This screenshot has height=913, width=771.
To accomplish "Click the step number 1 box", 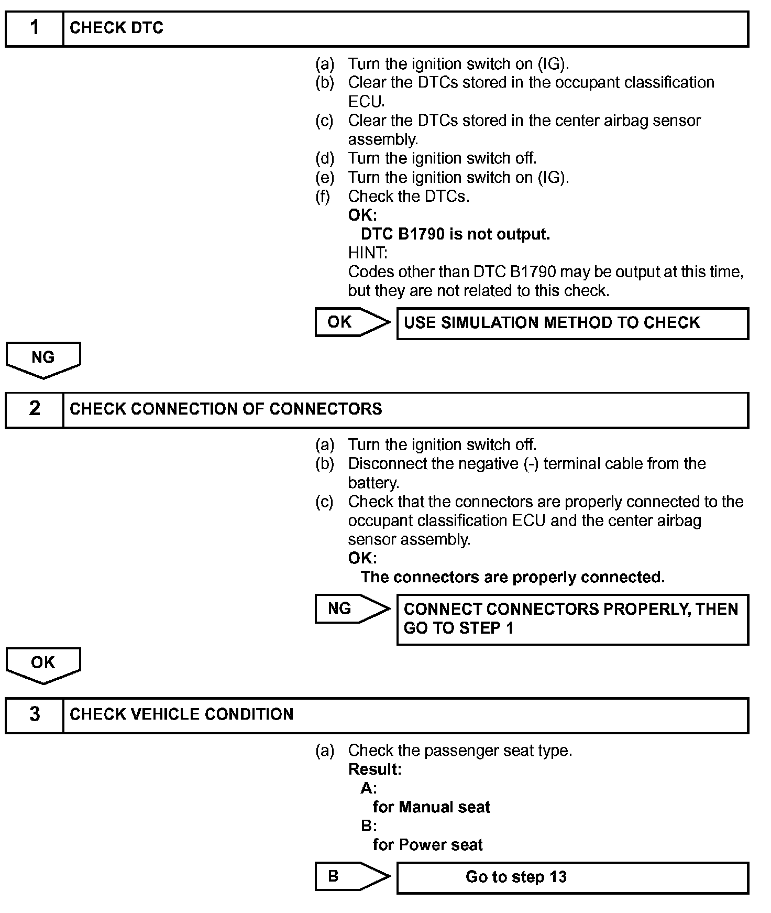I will click(35, 28).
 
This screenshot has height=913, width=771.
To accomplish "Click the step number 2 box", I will click(35, 409).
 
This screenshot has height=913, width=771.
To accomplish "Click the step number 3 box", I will click(35, 715).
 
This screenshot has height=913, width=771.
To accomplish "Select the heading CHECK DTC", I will click(116, 28).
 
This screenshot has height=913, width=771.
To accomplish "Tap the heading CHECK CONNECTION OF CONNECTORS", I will click(226, 409).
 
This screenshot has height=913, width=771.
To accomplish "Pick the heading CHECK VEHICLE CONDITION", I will click(181, 715).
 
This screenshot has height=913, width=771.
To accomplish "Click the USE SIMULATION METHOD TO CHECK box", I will click(572, 323).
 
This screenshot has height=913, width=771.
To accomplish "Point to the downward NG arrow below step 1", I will click(43, 360).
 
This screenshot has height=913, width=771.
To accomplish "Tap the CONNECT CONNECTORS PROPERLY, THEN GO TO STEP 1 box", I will click(572, 619).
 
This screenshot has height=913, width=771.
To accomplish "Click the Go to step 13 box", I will click(572, 877).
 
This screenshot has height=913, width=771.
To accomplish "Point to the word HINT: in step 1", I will click(368, 253).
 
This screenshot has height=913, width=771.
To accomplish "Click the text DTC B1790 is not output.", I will click(455, 234).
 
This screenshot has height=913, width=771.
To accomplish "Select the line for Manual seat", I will click(431, 807).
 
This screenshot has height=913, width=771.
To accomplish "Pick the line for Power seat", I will click(427, 845).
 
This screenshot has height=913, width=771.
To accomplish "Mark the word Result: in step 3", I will click(375, 769).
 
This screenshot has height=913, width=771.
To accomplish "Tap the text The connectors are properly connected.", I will click(512, 577).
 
